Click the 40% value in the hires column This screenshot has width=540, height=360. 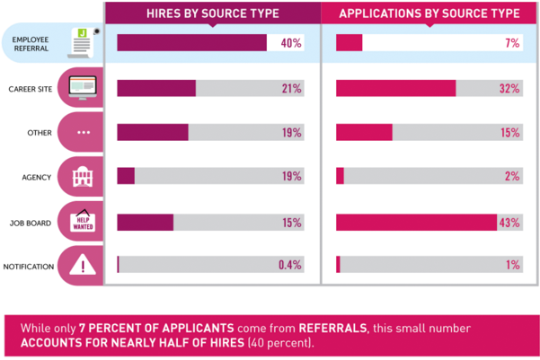pyautogui.click(x=290, y=43)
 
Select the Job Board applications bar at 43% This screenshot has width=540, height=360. pyautogui.click(x=416, y=221)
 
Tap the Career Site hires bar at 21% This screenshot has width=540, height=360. pyautogui.click(x=156, y=88)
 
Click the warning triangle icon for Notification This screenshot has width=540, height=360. pyautogui.click(x=83, y=265)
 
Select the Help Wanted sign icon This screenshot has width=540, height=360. pyautogui.click(x=83, y=221)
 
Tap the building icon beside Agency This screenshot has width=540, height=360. pyautogui.click(x=83, y=177)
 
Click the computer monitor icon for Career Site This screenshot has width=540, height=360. pyautogui.click(x=83, y=88)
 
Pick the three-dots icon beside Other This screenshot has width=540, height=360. pyautogui.click(x=83, y=132)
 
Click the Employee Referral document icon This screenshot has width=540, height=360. pyautogui.click(x=83, y=42)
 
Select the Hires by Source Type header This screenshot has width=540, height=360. pyautogui.click(x=213, y=13)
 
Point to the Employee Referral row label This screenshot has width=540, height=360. pyautogui.click(x=31, y=43)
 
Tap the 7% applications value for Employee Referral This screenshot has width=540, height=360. pyautogui.click(x=511, y=43)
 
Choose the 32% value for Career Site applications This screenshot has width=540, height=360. pyautogui.click(x=509, y=88)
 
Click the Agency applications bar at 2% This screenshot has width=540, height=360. pyautogui.click(x=340, y=177)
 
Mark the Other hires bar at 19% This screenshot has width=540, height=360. pyautogui.click(x=153, y=132)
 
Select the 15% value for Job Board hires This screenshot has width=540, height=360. pyautogui.click(x=290, y=221)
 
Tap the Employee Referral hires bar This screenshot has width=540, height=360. pyautogui.click(x=191, y=43)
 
